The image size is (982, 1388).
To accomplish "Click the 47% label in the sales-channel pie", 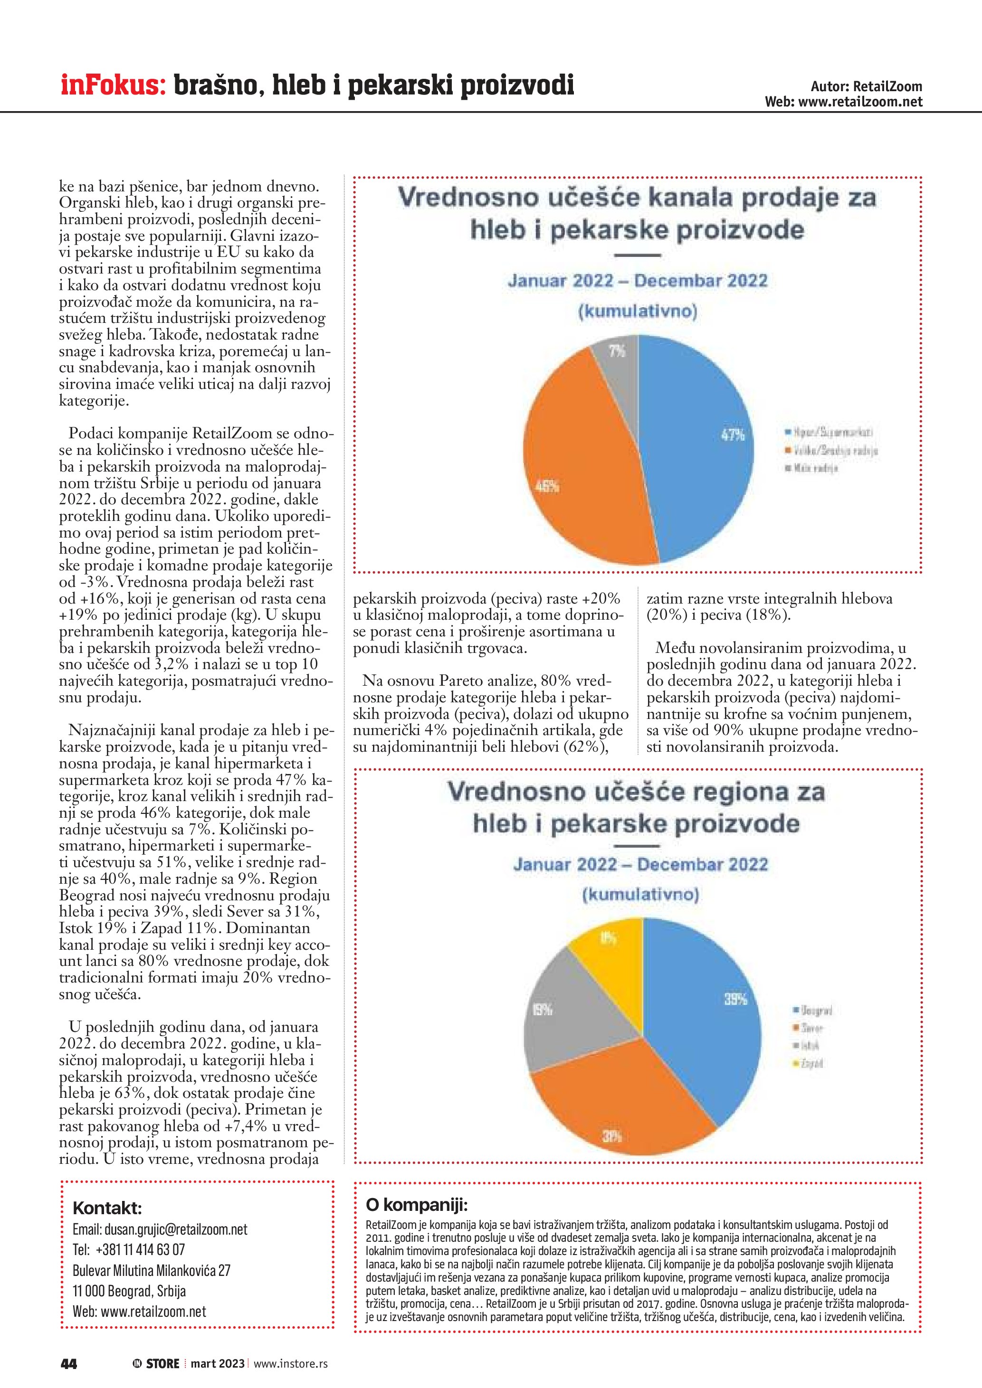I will point(732,434).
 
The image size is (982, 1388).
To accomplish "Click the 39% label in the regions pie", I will point(736,999).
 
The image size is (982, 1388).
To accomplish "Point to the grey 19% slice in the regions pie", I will point(563,1022).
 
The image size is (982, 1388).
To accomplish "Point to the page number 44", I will point(69,1363).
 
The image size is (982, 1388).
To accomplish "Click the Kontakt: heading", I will point(107,1208).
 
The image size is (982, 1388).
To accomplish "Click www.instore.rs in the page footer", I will point(291,1363).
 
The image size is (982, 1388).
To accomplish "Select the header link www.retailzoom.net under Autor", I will point(860,102).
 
